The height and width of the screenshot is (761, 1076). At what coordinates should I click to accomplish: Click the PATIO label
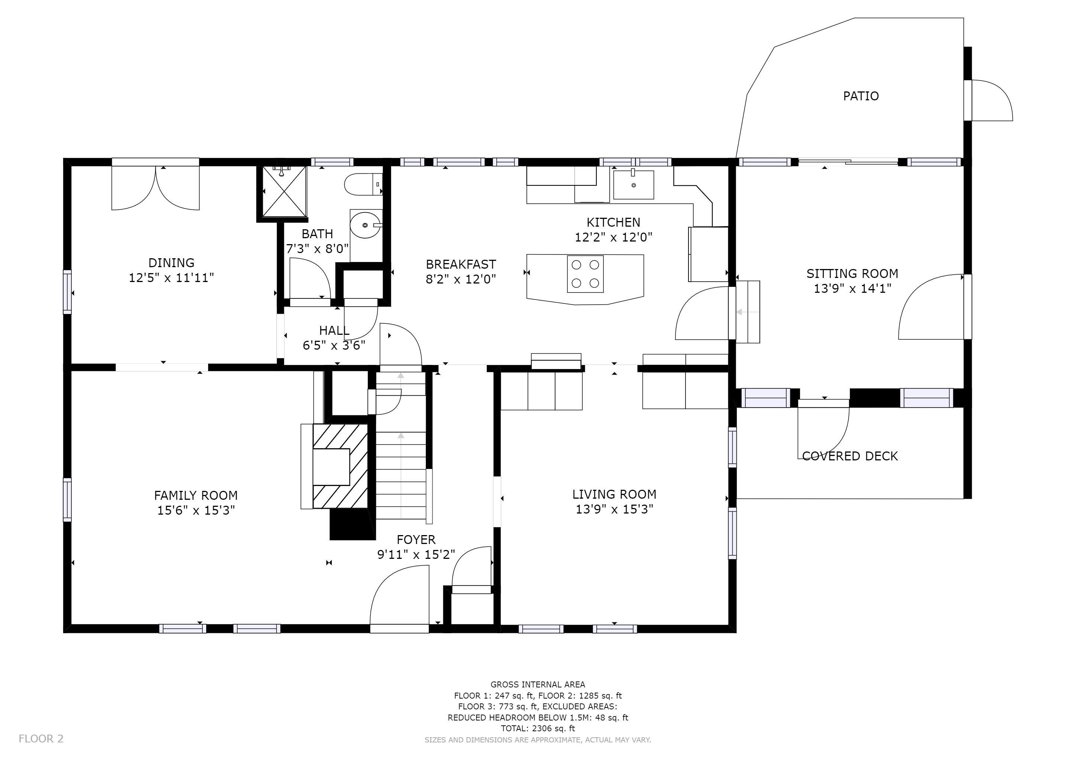861,96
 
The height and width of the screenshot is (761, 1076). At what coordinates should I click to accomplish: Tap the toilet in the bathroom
364,185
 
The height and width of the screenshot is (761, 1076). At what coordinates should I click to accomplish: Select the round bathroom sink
366,225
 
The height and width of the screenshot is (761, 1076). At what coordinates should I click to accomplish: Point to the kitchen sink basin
633,185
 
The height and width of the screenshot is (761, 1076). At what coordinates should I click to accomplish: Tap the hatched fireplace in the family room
340,466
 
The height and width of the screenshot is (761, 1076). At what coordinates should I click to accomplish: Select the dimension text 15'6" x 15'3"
196,510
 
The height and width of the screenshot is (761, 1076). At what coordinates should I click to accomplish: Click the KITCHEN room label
613,222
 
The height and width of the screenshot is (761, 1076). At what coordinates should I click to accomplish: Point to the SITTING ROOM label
852,273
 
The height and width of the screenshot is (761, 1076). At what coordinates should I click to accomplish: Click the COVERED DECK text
850,456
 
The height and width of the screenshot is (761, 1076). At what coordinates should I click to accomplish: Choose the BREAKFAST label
461,264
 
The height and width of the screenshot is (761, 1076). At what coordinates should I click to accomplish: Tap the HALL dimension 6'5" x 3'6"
334,345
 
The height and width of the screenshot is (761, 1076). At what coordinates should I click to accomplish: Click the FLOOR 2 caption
41,739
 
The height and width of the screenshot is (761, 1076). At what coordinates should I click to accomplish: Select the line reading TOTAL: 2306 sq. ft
538,728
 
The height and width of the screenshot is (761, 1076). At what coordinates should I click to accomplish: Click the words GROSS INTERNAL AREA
538,684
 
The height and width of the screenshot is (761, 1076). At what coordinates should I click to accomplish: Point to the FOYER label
416,540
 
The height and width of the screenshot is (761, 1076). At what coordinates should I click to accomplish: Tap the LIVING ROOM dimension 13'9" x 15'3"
615,509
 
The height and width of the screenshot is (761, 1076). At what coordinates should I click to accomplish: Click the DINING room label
172,263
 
